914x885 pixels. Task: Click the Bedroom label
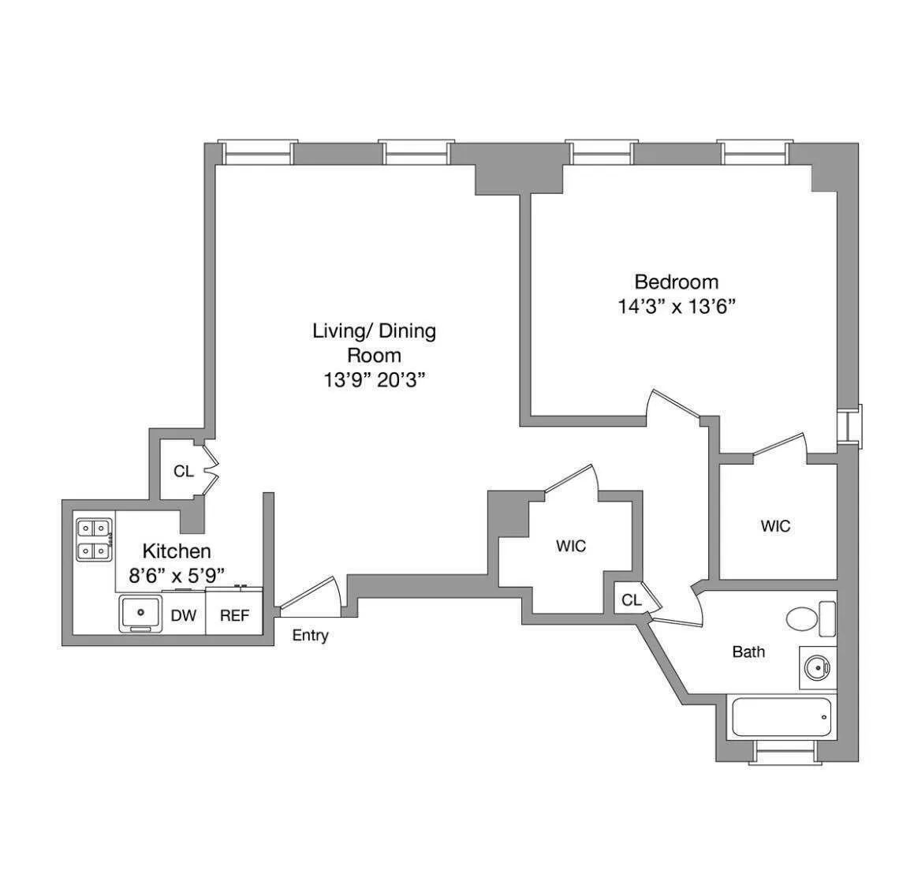[x=676, y=282]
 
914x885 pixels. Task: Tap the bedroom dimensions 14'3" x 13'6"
[x=676, y=307]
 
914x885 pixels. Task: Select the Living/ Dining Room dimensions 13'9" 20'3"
[x=375, y=380]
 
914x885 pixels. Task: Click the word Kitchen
[x=176, y=551]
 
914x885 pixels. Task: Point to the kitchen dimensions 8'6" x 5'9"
[x=176, y=575]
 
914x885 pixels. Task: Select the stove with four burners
[x=92, y=540]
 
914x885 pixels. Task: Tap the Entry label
[x=310, y=636]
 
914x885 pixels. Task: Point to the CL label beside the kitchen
[x=183, y=472]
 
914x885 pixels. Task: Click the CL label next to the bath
[x=631, y=600]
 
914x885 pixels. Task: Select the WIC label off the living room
[x=571, y=546]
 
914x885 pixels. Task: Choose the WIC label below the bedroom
[x=775, y=526]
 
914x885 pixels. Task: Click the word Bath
[x=748, y=652]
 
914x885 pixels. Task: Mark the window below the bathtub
[x=781, y=752]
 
